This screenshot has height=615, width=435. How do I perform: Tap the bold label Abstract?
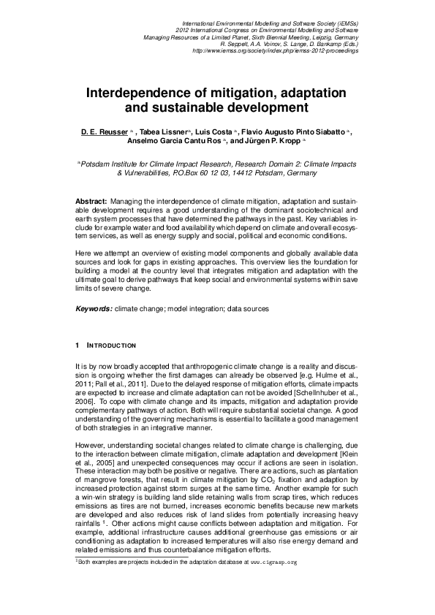coord(91,200)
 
